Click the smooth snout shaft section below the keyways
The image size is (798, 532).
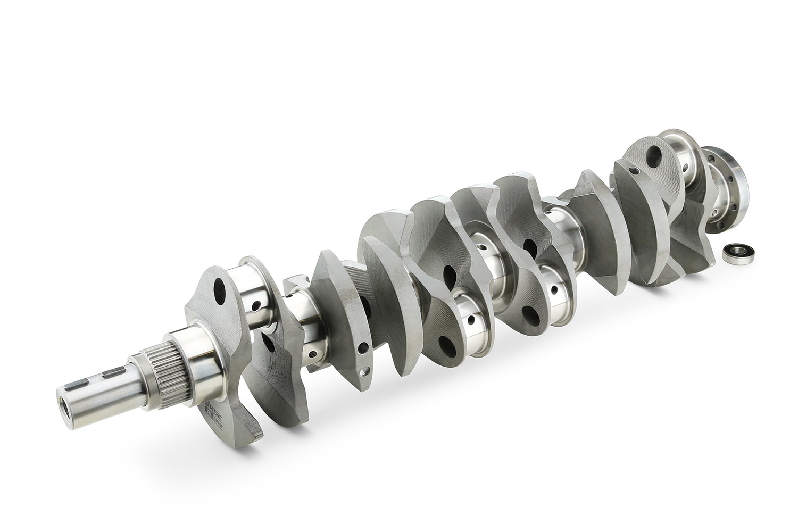(96, 396)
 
